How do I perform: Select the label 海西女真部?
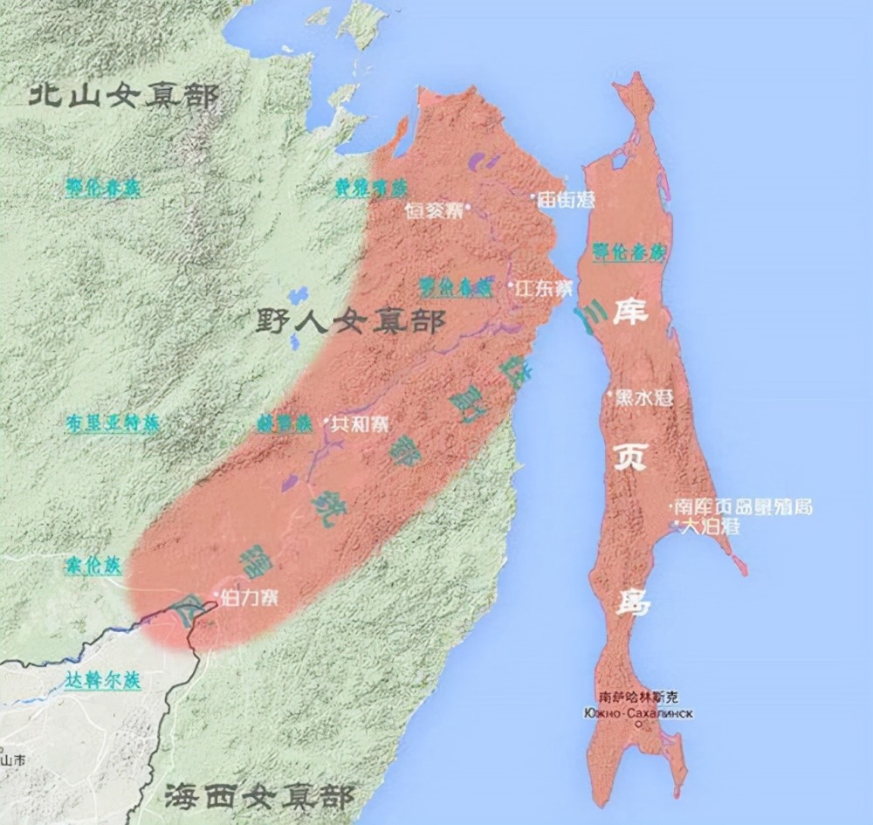tap(258, 796)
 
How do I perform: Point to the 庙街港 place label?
tap(566, 199)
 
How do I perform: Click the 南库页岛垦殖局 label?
tap(745, 506)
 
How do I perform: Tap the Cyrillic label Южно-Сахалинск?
tap(641, 712)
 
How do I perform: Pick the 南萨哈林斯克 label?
tap(640, 697)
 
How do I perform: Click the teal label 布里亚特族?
tap(113, 423)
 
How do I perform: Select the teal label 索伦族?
tap(91, 564)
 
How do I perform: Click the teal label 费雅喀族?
tap(371, 188)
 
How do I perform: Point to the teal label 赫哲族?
tap(284, 423)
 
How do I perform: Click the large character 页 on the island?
tap(630, 455)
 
